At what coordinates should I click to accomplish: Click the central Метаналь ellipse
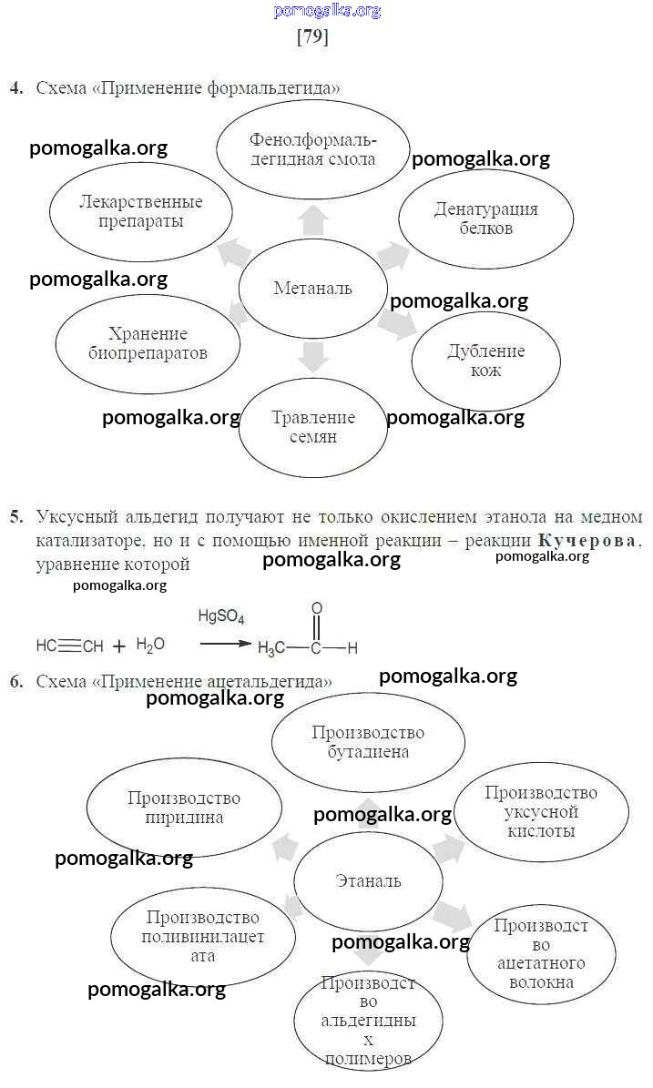pos(312,289)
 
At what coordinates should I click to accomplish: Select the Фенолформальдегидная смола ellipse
pos(312,150)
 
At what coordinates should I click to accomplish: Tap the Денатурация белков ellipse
pos(485,219)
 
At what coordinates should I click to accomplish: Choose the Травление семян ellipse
pos(312,427)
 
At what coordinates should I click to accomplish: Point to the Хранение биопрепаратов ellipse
pos(148,343)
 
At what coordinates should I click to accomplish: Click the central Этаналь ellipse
pos(368,880)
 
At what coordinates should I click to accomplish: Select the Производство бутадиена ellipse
pos(368,742)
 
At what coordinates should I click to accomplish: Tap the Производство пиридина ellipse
pos(184,808)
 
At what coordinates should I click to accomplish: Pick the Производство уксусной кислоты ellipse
pos(541,812)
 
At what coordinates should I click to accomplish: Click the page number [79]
pos(312,37)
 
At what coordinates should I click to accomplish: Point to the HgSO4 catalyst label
pos(221,617)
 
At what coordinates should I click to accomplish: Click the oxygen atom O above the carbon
pos(316,607)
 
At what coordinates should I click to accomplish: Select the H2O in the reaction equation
pos(150,645)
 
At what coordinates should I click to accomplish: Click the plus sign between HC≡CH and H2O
pos(119,646)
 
